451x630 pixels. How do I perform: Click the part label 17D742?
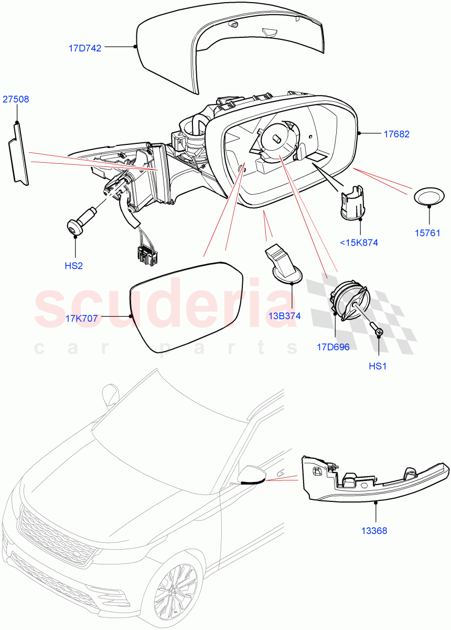(x=85, y=47)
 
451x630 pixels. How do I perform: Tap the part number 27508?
(x=16, y=99)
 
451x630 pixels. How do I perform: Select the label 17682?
(x=396, y=134)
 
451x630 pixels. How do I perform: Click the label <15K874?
(x=359, y=243)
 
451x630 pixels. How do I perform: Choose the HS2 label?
(x=74, y=266)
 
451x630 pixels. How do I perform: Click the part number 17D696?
(x=333, y=346)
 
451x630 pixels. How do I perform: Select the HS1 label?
(x=378, y=366)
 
